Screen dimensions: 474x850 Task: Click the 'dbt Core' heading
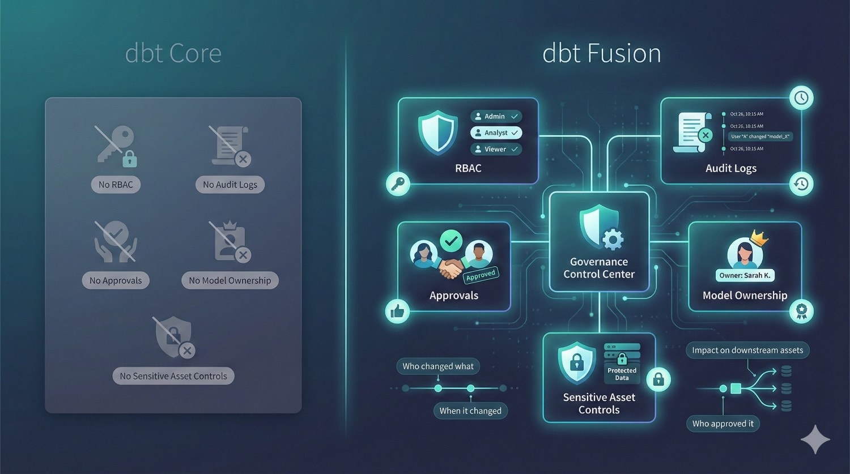tap(173, 54)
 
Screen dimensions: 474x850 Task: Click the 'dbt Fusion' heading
tap(601, 54)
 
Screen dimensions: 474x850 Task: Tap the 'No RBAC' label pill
tap(116, 185)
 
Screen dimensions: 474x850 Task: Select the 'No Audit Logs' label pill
tap(229, 185)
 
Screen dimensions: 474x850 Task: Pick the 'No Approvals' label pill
tap(116, 280)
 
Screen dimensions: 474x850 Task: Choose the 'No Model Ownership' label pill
tap(229, 280)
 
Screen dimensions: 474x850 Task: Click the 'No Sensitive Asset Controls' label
tap(173, 376)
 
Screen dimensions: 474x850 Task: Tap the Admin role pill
tap(496, 117)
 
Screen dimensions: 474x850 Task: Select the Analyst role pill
tap(496, 133)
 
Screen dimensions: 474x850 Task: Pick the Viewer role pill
tap(496, 150)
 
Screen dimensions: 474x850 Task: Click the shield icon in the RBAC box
tap(437, 133)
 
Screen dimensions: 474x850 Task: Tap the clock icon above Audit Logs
tap(801, 98)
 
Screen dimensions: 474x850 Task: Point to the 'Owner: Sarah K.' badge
tap(745, 276)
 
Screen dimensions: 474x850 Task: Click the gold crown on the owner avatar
tap(758, 238)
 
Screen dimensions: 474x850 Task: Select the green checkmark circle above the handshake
tap(451, 241)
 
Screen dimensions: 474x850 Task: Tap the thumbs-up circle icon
tap(397, 311)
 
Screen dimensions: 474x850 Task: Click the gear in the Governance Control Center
tap(613, 240)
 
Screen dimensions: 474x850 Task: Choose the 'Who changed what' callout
tap(438, 366)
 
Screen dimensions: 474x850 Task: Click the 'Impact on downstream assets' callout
tap(747, 351)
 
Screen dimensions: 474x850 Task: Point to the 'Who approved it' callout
tap(722, 424)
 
